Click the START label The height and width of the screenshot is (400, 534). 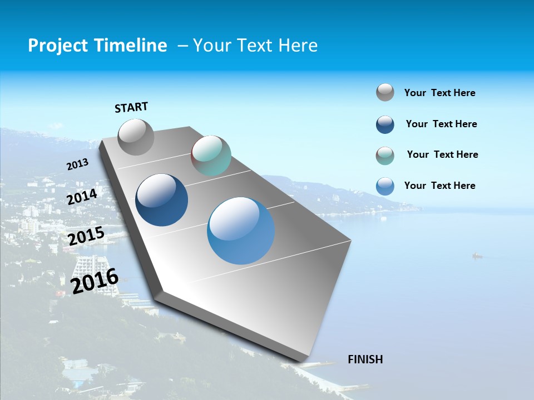[131, 107]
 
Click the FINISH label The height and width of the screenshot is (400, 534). [365, 359]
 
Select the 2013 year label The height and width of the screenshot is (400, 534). [77, 164]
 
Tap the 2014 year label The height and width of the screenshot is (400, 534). [82, 197]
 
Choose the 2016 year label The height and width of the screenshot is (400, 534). [95, 281]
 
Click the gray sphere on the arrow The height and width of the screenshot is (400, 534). [136, 137]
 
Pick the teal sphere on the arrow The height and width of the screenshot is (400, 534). [211, 156]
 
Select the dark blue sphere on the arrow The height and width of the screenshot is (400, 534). [162, 200]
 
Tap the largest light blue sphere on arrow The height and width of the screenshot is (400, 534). [241, 231]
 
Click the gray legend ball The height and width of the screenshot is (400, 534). [385, 92]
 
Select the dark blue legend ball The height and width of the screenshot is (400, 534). [385, 124]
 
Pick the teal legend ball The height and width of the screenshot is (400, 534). [385, 156]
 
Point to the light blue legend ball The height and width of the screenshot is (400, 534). [385, 186]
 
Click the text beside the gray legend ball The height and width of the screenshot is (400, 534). [439, 93]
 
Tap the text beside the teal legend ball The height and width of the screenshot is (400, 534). [442, 154]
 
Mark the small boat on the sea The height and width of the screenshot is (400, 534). [477, 256]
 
